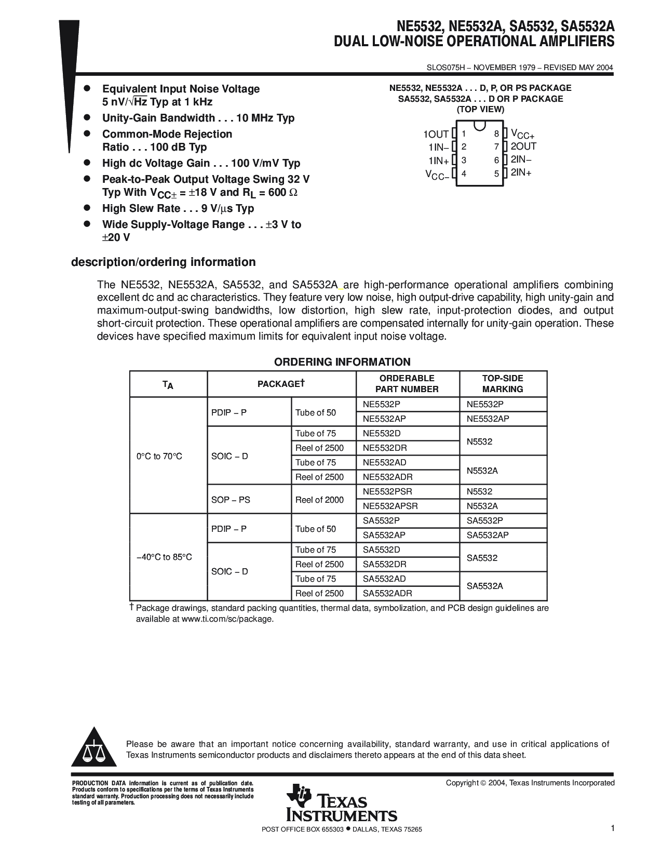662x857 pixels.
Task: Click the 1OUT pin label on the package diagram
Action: click(436, 134)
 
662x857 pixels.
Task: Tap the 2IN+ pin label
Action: click(521, 172)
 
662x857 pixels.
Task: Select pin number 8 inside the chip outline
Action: click(497, 134)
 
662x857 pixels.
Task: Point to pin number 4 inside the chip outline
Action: click(464, 173)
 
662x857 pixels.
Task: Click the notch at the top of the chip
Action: click(480, 125)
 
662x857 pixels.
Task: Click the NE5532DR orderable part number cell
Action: click(385, 448)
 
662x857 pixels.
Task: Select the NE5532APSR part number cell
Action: click(390, 506)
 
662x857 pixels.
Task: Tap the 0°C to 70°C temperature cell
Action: click(159, 457)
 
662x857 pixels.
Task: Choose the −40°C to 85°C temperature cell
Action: click(164, 557)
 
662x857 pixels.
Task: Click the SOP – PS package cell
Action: click(231, 500)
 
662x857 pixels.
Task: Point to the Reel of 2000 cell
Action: click(319, 500)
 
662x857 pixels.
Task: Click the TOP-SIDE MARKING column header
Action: click(503, 384)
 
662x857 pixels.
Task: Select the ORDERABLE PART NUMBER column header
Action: click(407, 384)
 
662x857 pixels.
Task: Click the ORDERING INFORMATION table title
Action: click(342, 362)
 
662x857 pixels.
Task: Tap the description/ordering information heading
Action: click(163, 262)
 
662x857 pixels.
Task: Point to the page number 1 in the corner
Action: click(613, 828)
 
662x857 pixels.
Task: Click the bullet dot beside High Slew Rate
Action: click(88, 208)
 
